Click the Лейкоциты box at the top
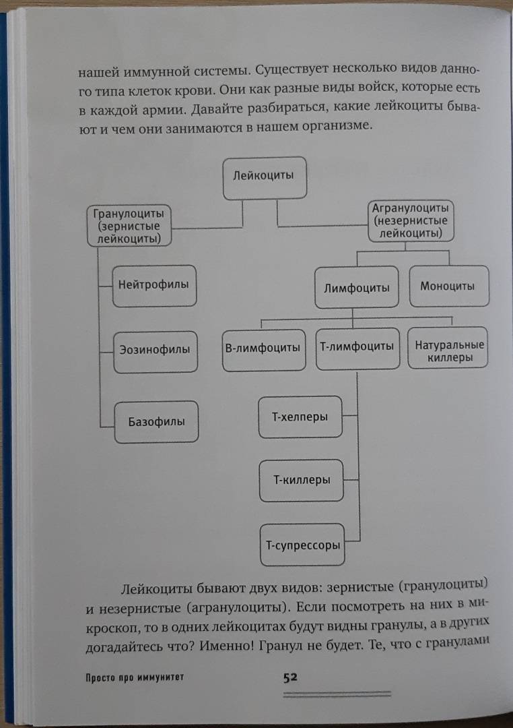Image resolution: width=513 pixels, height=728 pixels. (265, 178)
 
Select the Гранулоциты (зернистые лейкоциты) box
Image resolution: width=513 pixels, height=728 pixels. (129, 226)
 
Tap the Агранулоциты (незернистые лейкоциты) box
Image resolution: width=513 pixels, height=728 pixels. (411, 221)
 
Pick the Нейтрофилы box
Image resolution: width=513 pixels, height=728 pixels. (154, 286)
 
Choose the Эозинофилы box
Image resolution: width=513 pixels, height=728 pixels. (156, 352)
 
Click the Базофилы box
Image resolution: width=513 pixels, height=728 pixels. (156, 422)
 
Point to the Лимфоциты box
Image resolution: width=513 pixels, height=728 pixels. (357, 287)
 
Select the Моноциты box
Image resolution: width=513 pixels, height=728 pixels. (449, 286)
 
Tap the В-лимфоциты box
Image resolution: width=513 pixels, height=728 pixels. (264, 351)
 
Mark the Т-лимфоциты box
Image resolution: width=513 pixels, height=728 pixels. (357, 348)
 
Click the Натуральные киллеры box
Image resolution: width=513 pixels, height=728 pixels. (448, 348)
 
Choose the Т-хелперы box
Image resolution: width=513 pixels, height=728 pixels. (300, 417)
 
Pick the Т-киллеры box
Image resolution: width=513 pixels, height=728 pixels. (302, 481)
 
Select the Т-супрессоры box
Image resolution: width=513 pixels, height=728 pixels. (302, 545)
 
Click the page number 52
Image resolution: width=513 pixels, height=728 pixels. (290, 677)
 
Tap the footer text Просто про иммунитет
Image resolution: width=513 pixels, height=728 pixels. (135, 677)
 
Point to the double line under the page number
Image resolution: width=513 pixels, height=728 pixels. (337, 694)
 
